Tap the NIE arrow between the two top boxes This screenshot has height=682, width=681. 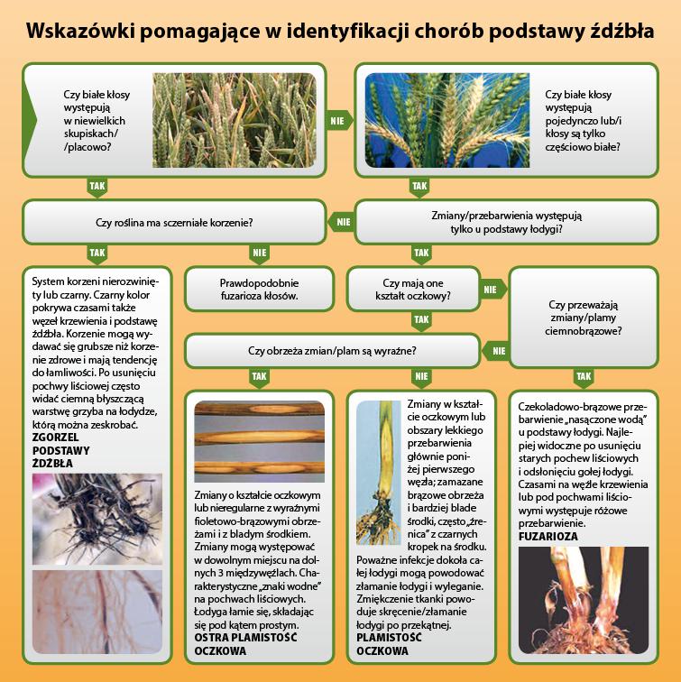pos(339,121)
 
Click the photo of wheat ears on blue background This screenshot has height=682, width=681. pos(447,120)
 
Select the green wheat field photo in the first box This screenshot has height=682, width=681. pos(235,120)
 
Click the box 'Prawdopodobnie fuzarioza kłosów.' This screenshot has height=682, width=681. pos(259,290)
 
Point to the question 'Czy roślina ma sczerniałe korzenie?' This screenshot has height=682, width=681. pos(174,223)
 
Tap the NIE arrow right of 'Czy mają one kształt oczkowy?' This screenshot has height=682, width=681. pos(492,290)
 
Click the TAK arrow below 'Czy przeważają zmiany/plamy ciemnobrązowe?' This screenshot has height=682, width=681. pos(584,377)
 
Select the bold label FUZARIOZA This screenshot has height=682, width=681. pos(548,537)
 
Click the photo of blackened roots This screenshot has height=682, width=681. pos(97,519)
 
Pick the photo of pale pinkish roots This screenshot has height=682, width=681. pos(97,612)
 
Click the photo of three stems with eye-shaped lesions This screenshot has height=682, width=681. pos(259,441)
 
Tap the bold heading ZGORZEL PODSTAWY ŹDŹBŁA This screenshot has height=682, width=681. pos(60,450)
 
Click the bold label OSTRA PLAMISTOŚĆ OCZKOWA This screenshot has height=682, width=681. pos(245,644)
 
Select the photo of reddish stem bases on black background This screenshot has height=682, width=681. pos(584,600)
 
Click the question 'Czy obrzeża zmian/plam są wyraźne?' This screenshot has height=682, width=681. pos(332,351)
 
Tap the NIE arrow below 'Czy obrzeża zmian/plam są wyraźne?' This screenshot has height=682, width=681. pos(421,377)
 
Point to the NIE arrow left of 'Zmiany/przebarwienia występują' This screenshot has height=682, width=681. pos(341,222)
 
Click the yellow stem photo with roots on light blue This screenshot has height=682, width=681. pos(378,473)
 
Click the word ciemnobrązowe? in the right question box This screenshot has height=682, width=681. pos(584,331)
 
